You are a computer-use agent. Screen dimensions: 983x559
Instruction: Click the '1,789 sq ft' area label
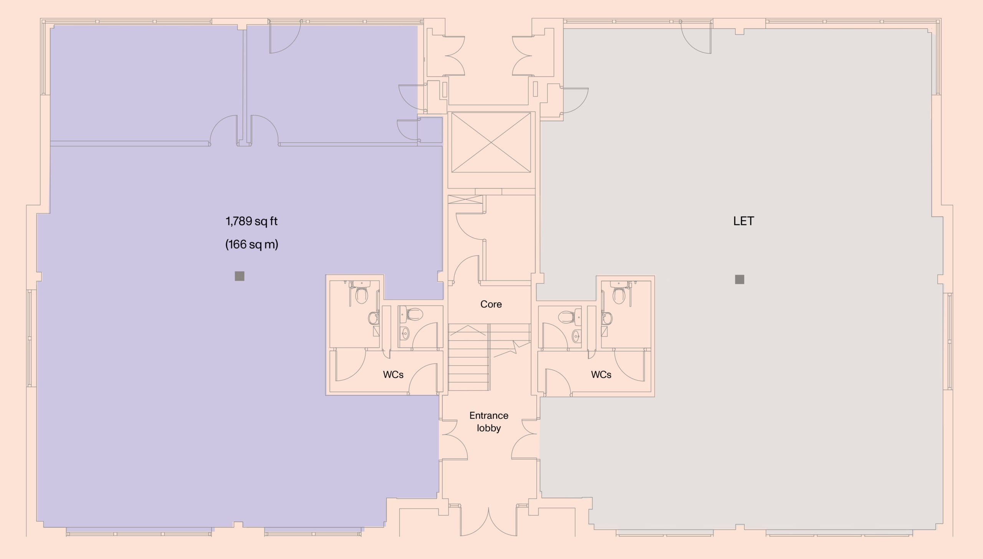pyautogui.click(x=252, y=221)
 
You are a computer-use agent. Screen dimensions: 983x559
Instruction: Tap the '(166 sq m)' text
pyautogui.click(x=252, y=245)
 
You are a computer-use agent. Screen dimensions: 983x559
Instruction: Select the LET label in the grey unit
pyautogui.click(x=743, y=221)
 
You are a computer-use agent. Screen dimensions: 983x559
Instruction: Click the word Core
pyautogui.click(x=491, y=304)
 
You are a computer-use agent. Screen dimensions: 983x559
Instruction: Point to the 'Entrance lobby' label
pyautogui.click(x=489, y=422)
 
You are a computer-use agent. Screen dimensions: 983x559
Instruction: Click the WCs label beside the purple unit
pyautogui.click(x=393, y=374)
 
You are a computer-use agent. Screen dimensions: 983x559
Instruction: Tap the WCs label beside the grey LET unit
pyautogui.click(x=601, y=374)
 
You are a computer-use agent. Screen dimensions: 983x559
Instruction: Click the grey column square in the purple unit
pyautogui.click(x=240, y=276)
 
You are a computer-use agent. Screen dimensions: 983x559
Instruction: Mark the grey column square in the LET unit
pyautogui.click(x=740, y=279)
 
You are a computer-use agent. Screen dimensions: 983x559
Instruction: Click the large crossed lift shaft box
pyautogui.click(x=491, y=142)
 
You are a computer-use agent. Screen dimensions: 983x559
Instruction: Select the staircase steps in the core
pyautogui.click(x=469, y=358)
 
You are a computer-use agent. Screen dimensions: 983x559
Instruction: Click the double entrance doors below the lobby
pyautogui.click(x=488, y=521)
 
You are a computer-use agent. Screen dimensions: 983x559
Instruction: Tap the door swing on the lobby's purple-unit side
pyautogui.click(x=454, y=439)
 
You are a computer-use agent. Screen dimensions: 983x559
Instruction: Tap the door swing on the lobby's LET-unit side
pyautogui.click(x=525, y=439)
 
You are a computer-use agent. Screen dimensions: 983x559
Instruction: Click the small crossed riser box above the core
pyautogui.click(x=465, y=199)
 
